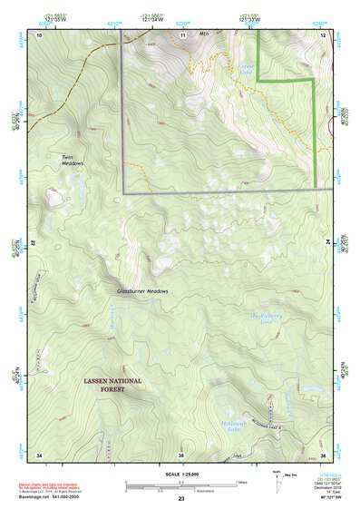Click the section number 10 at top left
(39, 34)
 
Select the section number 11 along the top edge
(182, 34)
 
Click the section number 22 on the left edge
(33, 244)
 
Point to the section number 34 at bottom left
(39, 454)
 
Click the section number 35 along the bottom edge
(181, 454)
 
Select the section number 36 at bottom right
(322, 454)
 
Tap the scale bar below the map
(181, 487)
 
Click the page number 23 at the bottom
(181, 500)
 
